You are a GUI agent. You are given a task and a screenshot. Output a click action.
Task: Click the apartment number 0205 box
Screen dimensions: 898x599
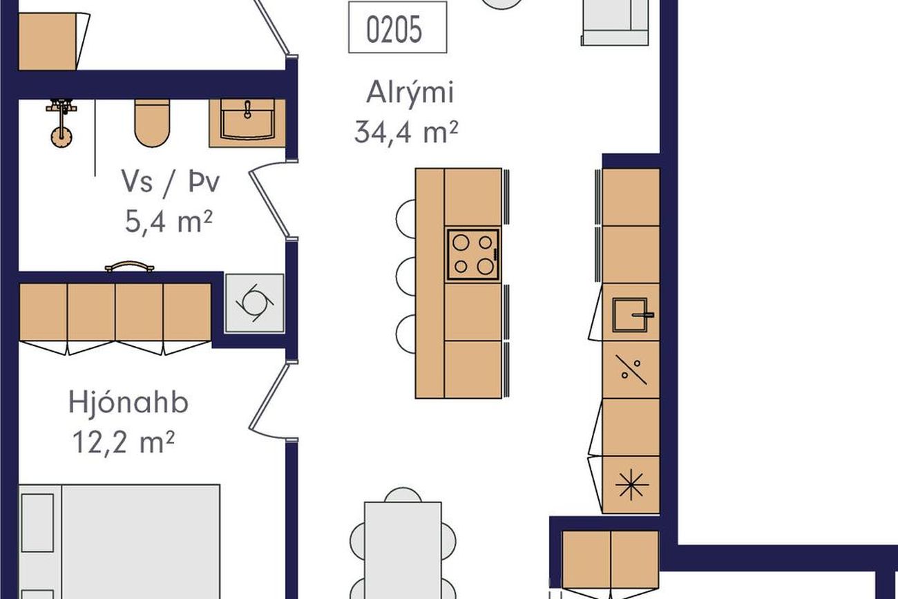[x=397, y=27]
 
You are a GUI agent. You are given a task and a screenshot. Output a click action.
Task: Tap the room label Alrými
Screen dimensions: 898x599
[x=410, y=93]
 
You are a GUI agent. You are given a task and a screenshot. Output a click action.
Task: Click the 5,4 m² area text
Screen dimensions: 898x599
[x=169, y=222]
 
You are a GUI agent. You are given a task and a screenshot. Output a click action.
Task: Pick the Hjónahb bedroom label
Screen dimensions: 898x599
[x=128, y=402]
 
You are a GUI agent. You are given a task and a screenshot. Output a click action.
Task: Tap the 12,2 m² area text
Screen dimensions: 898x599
[x=124, y=442]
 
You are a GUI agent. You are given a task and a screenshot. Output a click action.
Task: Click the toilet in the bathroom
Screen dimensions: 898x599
[x=152, y=123]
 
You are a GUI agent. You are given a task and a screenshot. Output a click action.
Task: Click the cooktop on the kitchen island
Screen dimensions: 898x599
[x=473, y=255]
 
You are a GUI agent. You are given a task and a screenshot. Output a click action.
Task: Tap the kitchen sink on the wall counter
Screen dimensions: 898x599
[x=631, y=315]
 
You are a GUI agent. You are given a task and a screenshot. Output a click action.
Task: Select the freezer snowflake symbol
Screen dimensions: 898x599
[x=631, y=485]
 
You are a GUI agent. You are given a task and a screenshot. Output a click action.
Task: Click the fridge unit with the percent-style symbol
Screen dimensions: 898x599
[x=631, y=370]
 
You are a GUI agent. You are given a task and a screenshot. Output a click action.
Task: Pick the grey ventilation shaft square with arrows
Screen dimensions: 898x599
[x=255, y=303]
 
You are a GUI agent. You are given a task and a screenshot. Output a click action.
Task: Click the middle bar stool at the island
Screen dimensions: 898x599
[x=405, y=276]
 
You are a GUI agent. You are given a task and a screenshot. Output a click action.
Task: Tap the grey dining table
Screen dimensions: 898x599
[x=403, y=551]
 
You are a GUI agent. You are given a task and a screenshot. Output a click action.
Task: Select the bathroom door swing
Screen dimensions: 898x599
[x=269, y=198]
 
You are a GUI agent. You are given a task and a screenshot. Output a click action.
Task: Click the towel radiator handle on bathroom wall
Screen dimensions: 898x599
[x=129, y=266]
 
